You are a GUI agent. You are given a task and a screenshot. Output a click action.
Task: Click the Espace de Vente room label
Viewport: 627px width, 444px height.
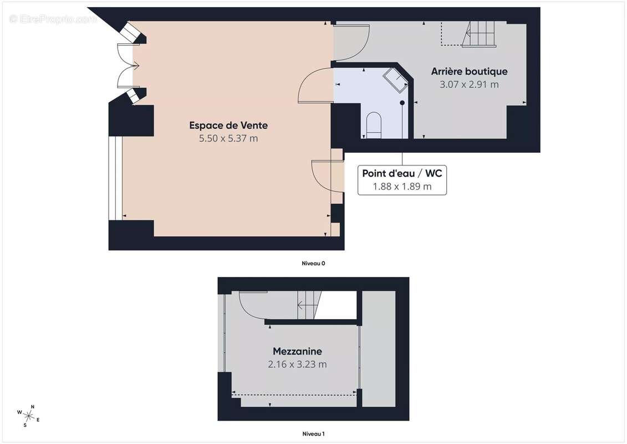(228, 125)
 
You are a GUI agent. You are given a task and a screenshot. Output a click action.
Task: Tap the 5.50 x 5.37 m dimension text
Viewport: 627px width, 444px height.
(228, 139)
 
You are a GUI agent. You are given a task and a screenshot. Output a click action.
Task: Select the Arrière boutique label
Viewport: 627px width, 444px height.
(469, 71)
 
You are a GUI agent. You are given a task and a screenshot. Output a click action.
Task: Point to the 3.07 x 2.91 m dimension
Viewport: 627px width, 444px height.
(469, 84)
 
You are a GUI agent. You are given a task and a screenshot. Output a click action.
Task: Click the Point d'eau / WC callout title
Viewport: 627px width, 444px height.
(402, 173)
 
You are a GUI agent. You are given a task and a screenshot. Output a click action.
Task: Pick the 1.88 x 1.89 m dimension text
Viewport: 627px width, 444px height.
(402, 186)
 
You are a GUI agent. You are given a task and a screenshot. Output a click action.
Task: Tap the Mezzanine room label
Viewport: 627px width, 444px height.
(297, 351)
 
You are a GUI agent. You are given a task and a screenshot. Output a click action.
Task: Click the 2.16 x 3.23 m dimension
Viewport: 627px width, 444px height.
(297, 364)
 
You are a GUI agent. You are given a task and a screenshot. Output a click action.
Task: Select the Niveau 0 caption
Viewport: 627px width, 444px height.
(313, 264)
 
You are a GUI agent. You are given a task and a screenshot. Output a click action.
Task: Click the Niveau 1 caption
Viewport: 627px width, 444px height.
(313, 433)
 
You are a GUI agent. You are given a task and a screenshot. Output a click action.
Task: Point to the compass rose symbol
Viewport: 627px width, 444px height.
(28, 416)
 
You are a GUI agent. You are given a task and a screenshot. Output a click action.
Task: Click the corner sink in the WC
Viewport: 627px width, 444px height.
(395, 80)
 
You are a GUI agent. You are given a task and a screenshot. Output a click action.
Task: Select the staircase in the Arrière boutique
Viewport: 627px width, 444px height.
(479, 34)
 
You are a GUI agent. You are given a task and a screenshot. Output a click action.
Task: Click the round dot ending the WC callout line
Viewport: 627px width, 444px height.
(402, 103)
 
